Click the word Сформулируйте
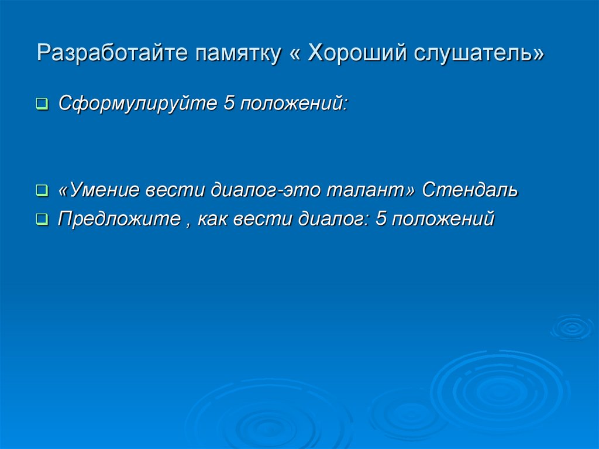136,104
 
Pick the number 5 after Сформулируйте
229,104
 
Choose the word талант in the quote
368,190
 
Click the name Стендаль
470,190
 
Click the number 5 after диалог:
382,219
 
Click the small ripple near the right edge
572,327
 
